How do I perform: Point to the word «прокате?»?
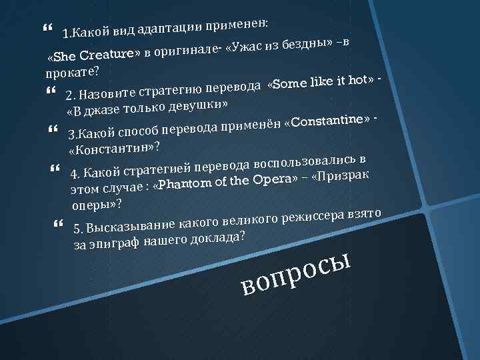coord(69,70)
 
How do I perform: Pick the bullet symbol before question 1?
coord(45,28)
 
